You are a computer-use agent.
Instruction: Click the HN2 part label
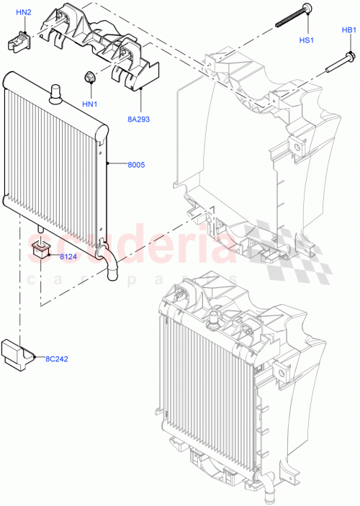(24, 12)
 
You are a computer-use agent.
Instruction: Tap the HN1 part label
(89, 104)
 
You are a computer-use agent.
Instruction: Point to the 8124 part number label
(69, 256)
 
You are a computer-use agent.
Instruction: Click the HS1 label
(306, 40)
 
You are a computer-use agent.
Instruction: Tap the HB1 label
(349, 30)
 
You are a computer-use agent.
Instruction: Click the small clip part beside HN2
(20, 42)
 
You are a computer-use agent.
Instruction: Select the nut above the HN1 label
(91, 77)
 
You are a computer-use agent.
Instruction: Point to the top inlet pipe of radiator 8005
(55, 91)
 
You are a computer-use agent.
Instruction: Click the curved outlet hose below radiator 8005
(108, 263)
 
